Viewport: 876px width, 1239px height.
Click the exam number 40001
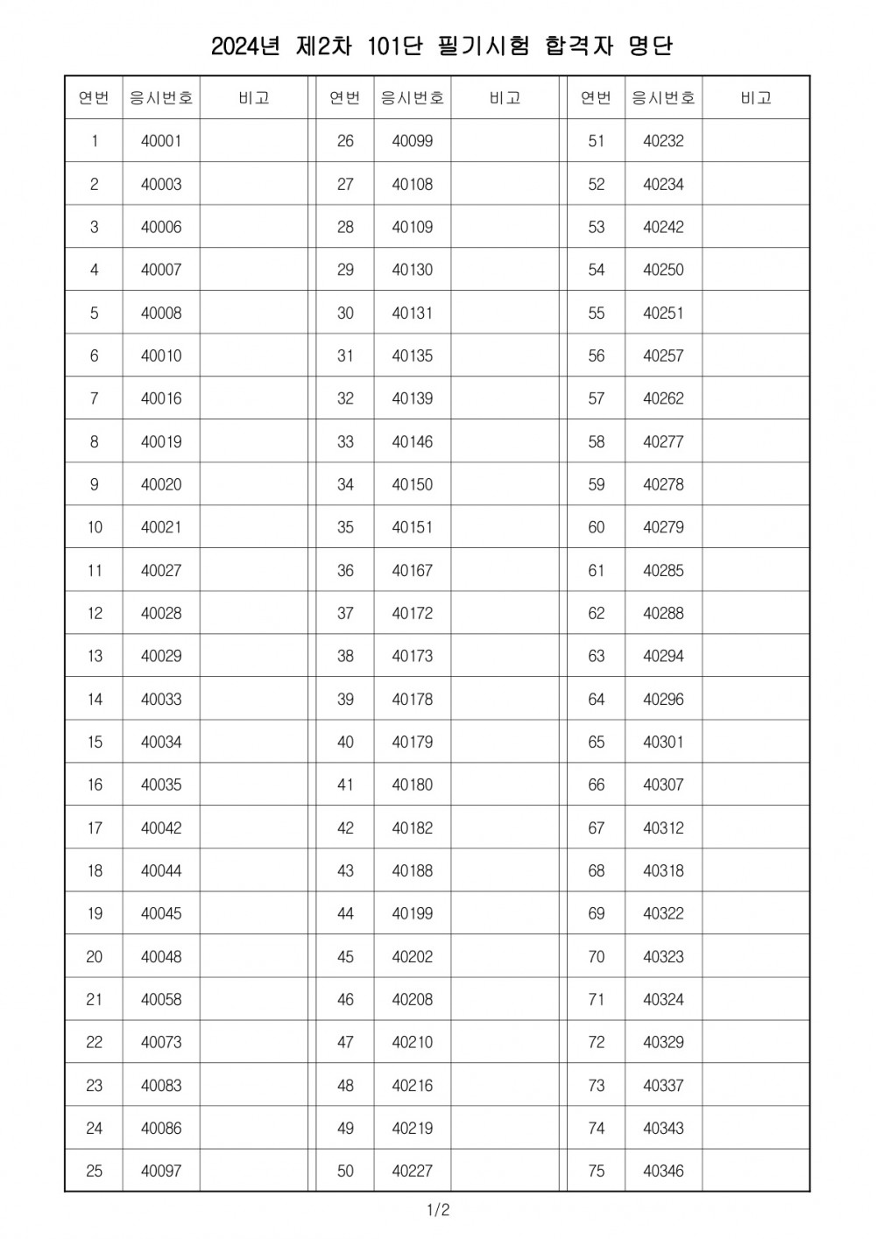click(161, 141)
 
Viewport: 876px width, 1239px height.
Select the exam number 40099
click(412, 141)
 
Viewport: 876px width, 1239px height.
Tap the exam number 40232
click(663, 141)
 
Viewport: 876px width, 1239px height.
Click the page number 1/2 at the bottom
click(438, 1211)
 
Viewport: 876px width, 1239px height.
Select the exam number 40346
click(663, 1171)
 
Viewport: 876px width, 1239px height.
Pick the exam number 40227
click(412, 1171)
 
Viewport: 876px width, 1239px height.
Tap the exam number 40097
click(161, 1171)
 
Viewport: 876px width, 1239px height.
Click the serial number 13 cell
click(95, 656)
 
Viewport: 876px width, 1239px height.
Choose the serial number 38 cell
click(345, 656)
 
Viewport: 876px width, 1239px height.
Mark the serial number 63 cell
click(597, 656)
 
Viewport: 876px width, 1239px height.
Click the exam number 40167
click(412, 570)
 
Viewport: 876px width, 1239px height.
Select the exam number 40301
click(663, 742)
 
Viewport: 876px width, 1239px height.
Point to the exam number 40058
click(161, 999)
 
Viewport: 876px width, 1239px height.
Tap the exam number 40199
click(412, 913)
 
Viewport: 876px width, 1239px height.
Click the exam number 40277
click(663, 441)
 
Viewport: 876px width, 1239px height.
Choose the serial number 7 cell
click(95, 398)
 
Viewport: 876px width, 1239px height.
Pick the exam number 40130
click(412, 270)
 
